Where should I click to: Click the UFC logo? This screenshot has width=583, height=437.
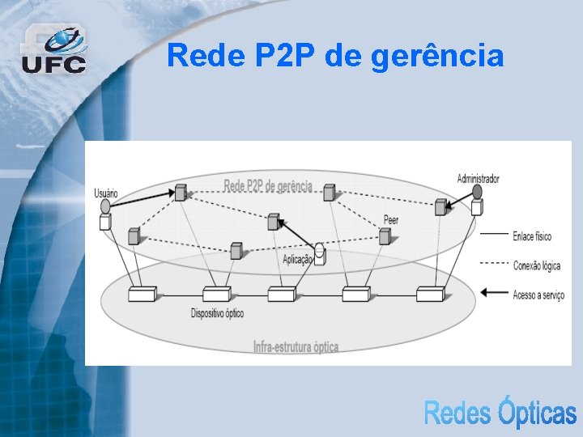(x=53, y=49)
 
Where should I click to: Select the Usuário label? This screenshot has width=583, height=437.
(x=106, y=193)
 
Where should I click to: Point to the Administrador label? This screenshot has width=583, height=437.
(x=478, y=178)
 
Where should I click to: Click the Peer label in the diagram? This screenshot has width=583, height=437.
(x=390, y=219)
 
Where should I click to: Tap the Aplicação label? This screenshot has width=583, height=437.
(x=297, y=259)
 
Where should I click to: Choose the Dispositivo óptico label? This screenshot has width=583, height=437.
(x=217, y=313)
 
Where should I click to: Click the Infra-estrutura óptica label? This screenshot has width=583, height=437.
(x=296, y=347)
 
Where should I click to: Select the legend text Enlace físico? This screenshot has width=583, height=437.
(x=532, y=237)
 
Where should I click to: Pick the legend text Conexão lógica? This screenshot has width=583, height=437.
(x=535, y=265)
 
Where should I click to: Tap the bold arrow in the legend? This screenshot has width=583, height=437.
(x=494, y=293)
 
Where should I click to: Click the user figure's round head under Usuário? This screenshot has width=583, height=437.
(x=105, y=206)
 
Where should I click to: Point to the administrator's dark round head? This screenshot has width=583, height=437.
(x=477, y=192)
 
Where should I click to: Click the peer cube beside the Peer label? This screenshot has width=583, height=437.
(x=385, y=235)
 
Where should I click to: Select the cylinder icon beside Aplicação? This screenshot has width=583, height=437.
(x=320, y=253)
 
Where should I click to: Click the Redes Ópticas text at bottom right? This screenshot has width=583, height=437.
(x=500, y=413)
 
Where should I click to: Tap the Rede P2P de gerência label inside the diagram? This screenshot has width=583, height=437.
(x=267, y=186)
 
